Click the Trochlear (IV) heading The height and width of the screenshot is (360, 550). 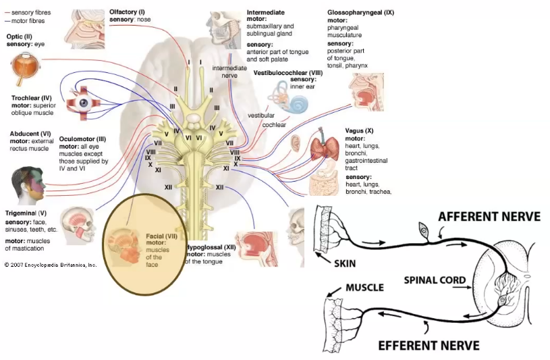coord(32,98)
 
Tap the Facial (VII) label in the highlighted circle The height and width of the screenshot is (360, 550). coord(161,236)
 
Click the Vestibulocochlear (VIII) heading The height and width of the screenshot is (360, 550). coord(289,72)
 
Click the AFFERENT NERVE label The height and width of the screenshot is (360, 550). coord(489,216)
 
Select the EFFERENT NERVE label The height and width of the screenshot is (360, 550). coord(429,344)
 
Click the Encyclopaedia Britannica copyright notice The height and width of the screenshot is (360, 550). coord(51,265)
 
